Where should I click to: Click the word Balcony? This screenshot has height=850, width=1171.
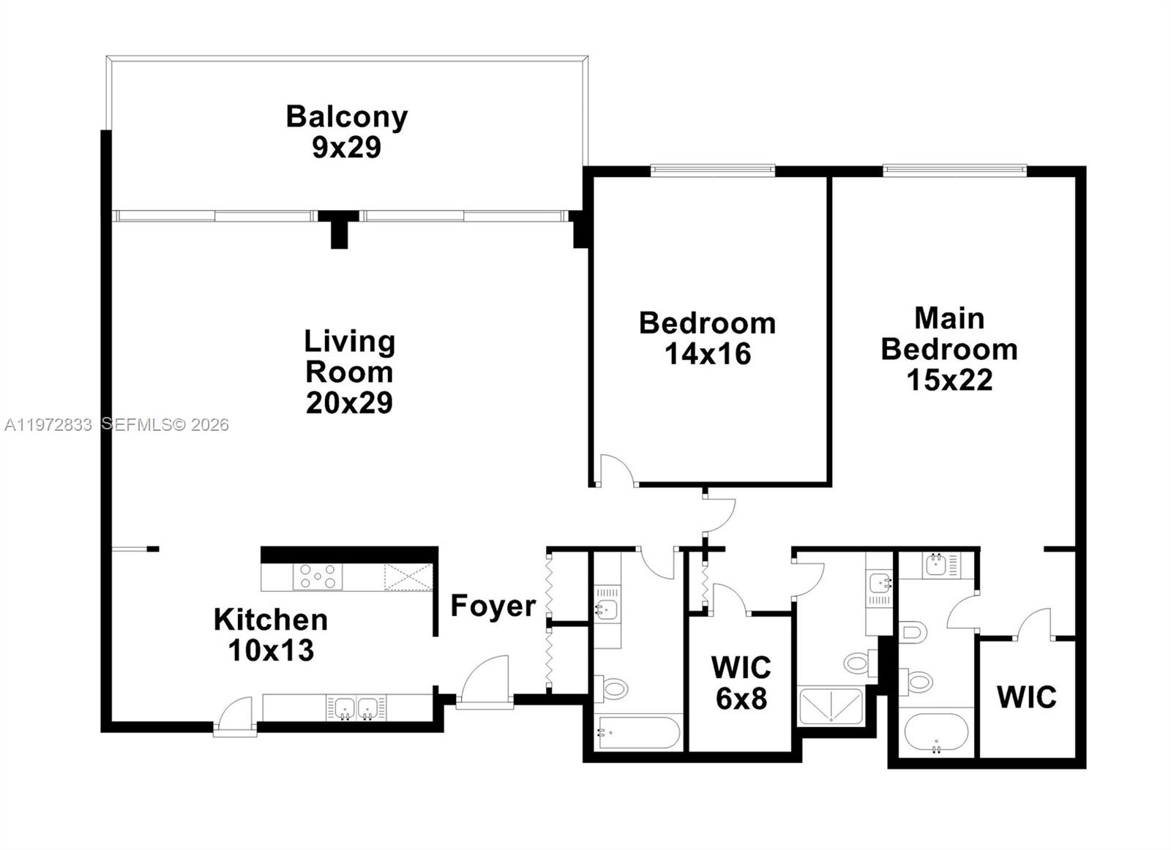346,117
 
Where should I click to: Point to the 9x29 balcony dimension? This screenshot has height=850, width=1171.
346,148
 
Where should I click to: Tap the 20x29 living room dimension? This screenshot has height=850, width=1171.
349,403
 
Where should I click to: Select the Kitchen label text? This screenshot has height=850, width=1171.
271,620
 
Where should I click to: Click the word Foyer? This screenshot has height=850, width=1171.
493,606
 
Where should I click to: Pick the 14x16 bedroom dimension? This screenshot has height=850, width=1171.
707,354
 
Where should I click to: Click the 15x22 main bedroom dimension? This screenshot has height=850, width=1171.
949,380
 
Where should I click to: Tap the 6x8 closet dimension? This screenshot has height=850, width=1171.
741,699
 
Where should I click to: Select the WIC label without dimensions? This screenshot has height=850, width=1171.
1026,697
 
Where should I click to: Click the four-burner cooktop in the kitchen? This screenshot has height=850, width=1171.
318,576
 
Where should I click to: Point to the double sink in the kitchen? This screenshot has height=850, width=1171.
356,708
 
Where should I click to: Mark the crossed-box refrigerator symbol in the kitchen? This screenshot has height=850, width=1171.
408,577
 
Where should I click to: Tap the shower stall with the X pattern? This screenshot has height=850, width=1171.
830,707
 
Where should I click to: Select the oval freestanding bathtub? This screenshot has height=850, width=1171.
936,732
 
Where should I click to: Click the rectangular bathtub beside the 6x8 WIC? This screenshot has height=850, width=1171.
639,732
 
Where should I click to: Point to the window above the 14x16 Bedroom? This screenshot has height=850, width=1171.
712,171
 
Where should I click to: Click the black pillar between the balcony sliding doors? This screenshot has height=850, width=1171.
339,229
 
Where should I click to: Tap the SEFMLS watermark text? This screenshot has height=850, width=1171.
165,425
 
